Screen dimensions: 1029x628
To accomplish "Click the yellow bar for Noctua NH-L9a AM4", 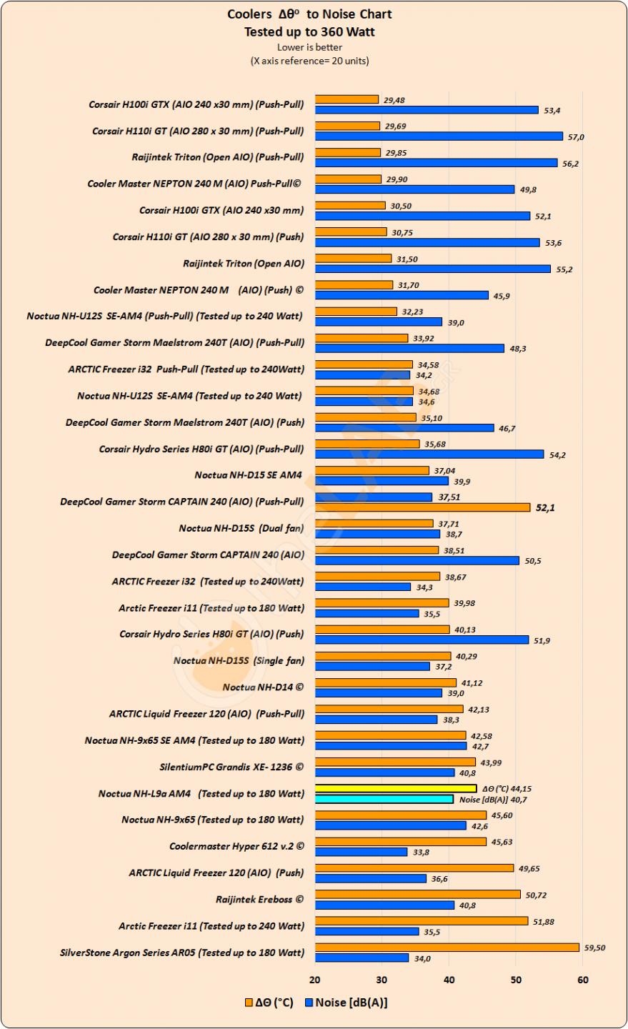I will (x=395, y=789).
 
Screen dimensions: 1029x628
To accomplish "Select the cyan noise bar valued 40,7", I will (x=384, y=799).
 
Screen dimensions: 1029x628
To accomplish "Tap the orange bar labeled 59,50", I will (x=447, y=948).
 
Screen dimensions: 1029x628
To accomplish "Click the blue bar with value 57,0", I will (x=439, y=136).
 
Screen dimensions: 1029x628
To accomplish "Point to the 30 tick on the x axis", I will (x=382, y=980).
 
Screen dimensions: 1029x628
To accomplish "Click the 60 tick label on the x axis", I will (x=583, y=980).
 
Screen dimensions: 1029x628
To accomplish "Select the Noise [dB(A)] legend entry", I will (x=347, y=1003).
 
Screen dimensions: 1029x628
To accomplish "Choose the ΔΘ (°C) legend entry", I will (x=269, y=1003).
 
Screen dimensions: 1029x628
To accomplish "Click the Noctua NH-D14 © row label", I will (x=263, y=687).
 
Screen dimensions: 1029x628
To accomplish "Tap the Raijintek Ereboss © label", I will (x=259, y=899).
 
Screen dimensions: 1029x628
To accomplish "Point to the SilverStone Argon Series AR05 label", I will (x=182, y=952).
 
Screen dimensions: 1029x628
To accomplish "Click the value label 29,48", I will (x=394, y=100).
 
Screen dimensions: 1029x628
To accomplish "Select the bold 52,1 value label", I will (x=546, y=507).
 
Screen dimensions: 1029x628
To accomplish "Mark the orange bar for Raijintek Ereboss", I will (x=417, y=895).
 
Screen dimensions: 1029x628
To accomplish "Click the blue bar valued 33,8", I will (x=361, y=852).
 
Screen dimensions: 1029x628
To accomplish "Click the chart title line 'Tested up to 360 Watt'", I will (x=309, y=31).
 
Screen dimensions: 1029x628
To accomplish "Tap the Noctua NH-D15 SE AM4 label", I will (x=249, y=475).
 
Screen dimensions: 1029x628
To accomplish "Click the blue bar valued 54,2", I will (x=429, y=454).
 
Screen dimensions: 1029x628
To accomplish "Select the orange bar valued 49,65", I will (x=414, y=868).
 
